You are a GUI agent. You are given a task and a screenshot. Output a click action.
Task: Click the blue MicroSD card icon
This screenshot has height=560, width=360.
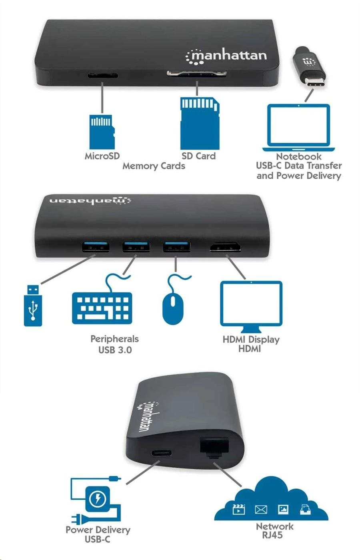(x=102, y=132)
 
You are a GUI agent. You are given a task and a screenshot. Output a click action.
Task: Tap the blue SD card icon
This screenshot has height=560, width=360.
(x=200, y=123)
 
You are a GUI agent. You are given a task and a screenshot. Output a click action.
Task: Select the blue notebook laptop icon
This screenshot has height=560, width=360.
(x=298, y=128)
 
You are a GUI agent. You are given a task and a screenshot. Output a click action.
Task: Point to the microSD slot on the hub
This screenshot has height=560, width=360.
(x=102, y=76)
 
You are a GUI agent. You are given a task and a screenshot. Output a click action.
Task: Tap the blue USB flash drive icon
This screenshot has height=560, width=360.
(x=33, y=305)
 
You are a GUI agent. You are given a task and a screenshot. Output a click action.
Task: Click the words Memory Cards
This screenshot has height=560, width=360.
(x=154, y=166)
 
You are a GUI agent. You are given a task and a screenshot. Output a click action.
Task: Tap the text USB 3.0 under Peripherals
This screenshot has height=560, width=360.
(x=115, y=350)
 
